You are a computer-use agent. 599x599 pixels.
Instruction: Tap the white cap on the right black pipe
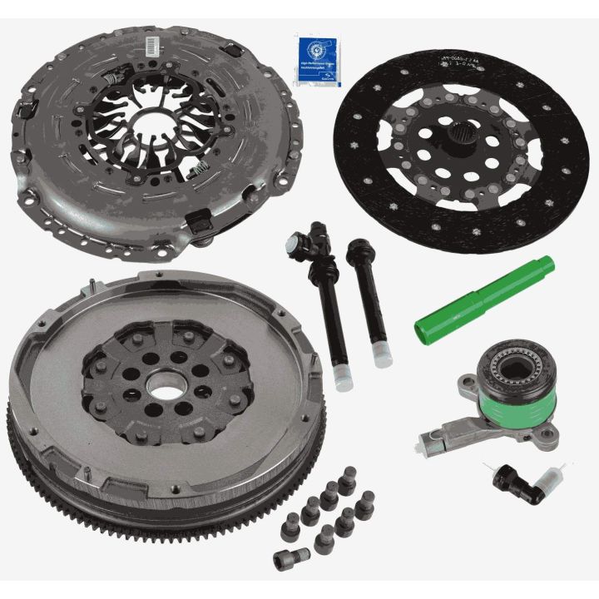[380, 356]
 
